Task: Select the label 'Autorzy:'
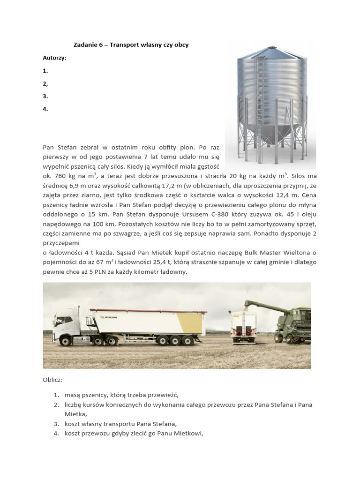pos(54,58)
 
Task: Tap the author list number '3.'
pos(45,96)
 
